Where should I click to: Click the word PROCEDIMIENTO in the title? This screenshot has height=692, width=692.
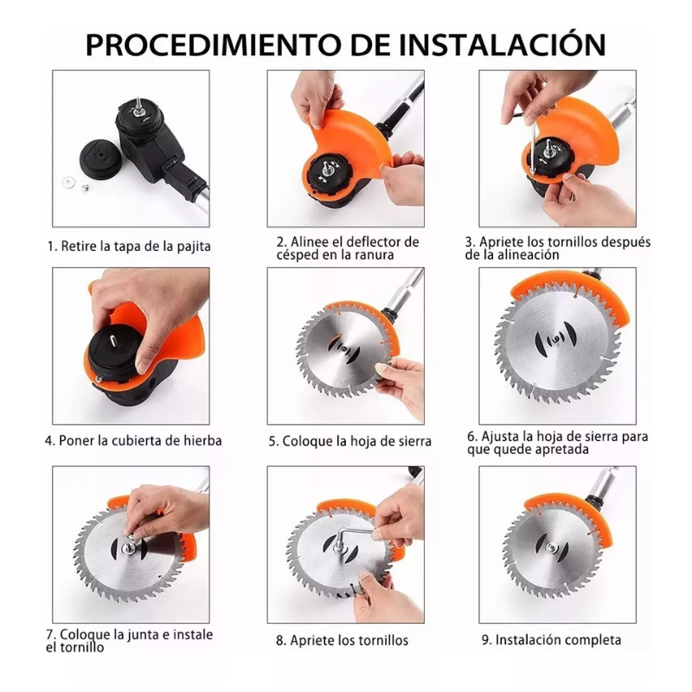point(198,44)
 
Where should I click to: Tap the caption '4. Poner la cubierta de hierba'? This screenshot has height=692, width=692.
point(133,440)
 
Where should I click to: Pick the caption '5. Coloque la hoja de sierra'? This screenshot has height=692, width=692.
point(349,441)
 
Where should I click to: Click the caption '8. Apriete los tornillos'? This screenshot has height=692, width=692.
point(342,641)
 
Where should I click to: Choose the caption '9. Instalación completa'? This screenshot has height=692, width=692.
point(552,640)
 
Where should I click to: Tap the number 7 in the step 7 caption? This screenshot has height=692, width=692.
point(50,635)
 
